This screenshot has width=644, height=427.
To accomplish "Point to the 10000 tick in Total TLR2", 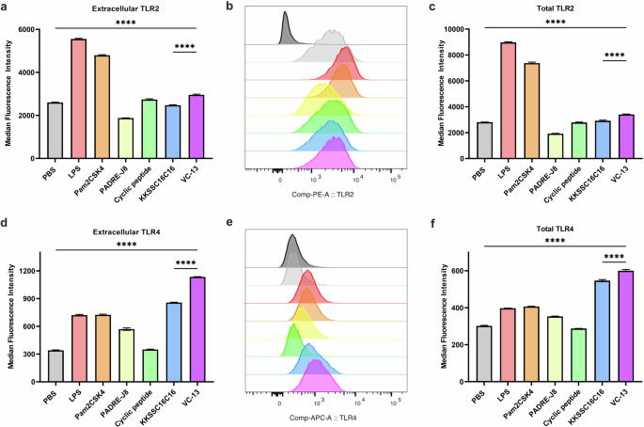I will tap(475, 30).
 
